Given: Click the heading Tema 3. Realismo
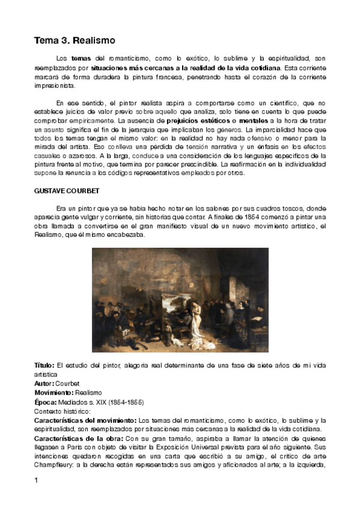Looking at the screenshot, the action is pyautogui.click(x=74, y=40).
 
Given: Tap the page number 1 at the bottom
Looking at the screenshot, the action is pyautogui.click(x=37, y=481).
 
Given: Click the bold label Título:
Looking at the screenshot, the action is pyautogui.click(x=44, y=365).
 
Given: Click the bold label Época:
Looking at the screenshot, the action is pyautogui.click(x=46, y=402).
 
